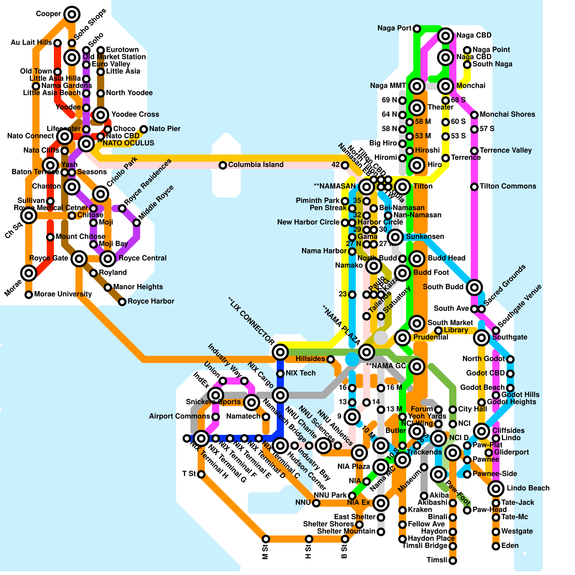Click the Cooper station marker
pos(72,14)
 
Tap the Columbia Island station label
pos(256,165)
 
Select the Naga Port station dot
pos(417,28)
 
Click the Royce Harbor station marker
pos(122,302)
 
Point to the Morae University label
pos(63,294)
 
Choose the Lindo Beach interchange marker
pos(496,488)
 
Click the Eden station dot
pos(496,546)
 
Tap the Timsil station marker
pos(453,560)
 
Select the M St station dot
pos(266,539)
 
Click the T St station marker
pos(201,474)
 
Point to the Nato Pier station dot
pos(144,129)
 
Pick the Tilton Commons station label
pos(508,187)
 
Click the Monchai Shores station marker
pos(474,115)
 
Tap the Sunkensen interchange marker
pos(395,237)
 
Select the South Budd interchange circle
pos(474,287)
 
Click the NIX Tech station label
pos(300,373)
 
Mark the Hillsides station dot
pos(331,359)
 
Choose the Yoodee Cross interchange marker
pos(101,115)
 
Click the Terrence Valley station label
pos(505,151)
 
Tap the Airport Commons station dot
pos(216,417)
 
